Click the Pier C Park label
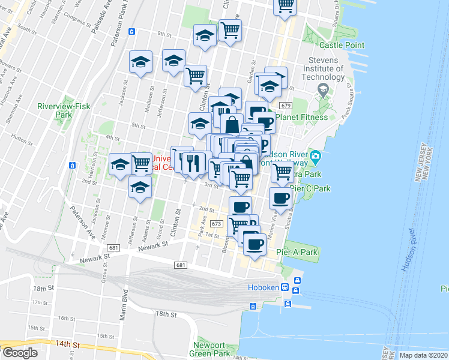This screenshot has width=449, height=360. [310, 188]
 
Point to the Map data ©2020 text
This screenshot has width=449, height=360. [423, 355]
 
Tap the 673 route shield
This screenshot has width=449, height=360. [217, 224]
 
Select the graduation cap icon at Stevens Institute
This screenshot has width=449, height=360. [324, 90]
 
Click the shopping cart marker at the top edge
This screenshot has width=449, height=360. [285, 5]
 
